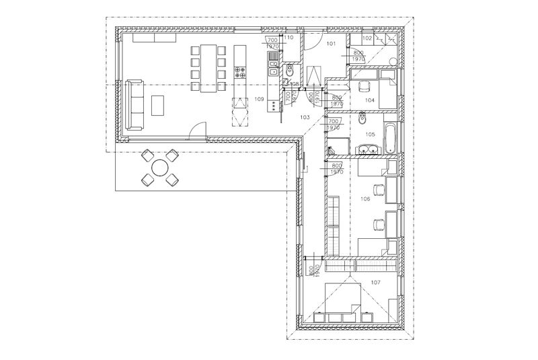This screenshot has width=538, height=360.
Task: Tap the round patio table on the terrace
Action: pos(160,168)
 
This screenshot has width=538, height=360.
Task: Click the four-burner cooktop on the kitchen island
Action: pos(240,73)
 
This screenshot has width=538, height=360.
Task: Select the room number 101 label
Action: pos(331,44)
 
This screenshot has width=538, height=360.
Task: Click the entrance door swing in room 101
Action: pos(310,42)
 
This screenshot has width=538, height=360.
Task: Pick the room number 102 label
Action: pos(367,39)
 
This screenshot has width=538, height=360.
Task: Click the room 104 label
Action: pos(370,100)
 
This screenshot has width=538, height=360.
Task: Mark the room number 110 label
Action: pos(289,38)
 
